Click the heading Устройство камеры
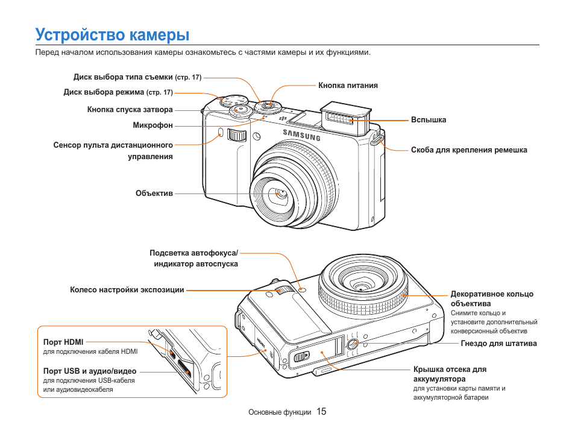pos(112,34)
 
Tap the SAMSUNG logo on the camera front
pos(302,134)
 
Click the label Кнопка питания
pos(348,86)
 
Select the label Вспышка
pos(429,120)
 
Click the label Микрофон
pos(152,125)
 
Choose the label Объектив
pos(154,193)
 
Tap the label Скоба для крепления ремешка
pos(469,150)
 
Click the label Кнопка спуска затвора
pos(130,110)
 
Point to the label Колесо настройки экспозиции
pos(127,290)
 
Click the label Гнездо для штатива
pos(498,344)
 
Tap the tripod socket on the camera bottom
pos(353,344)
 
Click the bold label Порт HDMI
pos(63,342)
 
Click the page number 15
pos(321,412)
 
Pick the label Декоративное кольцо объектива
pos(492,298)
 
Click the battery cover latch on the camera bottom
pos(300,357)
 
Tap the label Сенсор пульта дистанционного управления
pos(113,151)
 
